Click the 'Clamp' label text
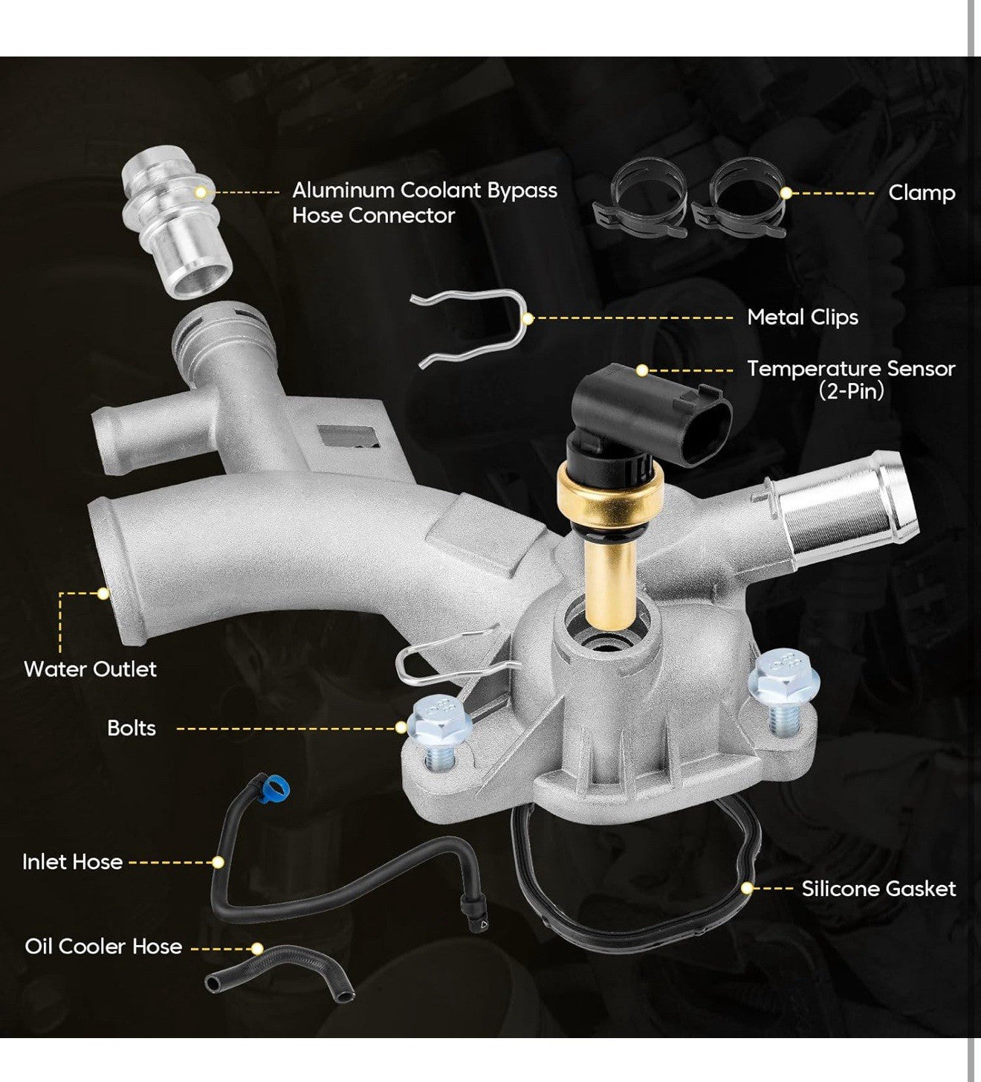tap(922, 193)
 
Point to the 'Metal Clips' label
tap(803, 318)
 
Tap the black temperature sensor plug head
tap(654, 413)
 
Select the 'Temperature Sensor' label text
tap(851, 369)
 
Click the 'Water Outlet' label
tap(90, 669)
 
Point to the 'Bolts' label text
tap(132, 728)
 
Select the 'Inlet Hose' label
tap(72, 862)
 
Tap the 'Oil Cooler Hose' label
tap(103, 947)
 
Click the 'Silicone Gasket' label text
tap(878, 889)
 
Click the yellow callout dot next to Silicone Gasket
tap(747, 889)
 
